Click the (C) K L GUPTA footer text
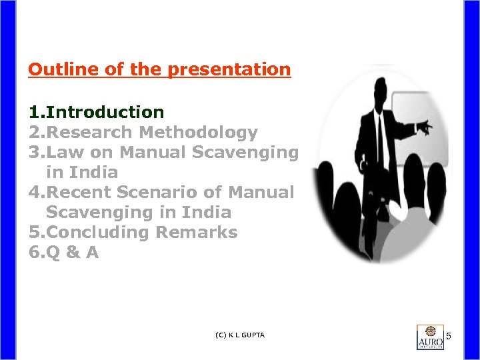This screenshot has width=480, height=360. [x=240, y=335]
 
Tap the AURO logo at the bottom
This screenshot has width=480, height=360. [x=430, y=337]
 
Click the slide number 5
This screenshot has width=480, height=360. [x=449, y=335]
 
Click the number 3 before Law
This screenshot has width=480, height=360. [x=33, y=152]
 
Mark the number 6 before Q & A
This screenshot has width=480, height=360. [x=33, y=252]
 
